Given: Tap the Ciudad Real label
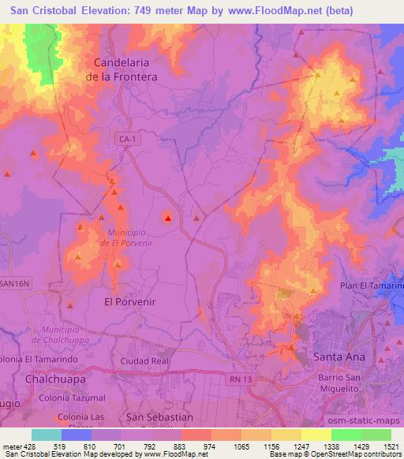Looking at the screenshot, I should (145, 360).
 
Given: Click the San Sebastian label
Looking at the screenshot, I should (159, 416).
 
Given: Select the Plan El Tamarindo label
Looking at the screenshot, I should (372, 285).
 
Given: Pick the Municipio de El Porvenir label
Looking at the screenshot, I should (121, 237).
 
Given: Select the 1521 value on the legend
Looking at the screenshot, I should (388, 446).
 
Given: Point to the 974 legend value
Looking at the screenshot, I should (210, 446).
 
